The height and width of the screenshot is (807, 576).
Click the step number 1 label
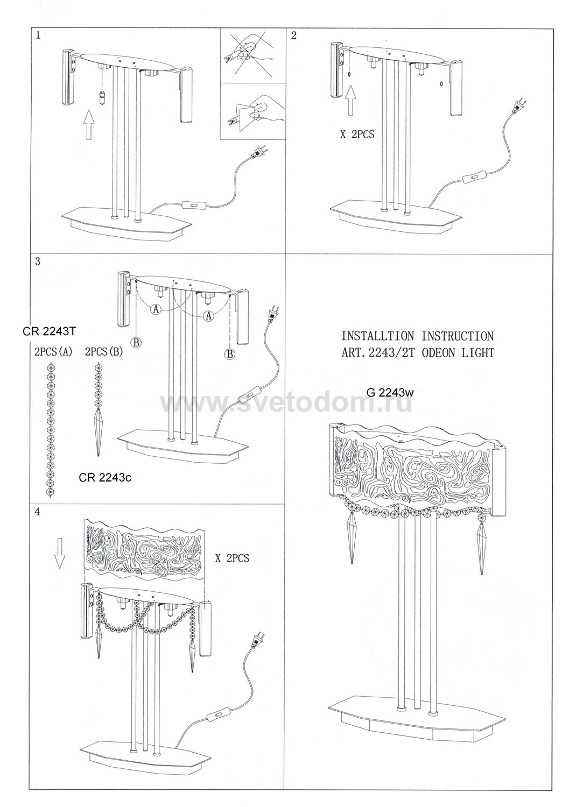coord(38,36)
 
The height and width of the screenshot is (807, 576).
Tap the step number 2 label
coord(294,36)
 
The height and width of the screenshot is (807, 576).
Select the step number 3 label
coord(38,261)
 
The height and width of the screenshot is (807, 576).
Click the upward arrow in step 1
coord(89,125)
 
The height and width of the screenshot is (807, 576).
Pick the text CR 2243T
coord(50,331)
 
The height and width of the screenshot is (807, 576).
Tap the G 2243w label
coord(390,393)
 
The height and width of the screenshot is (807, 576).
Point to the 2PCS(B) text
coord(104,352)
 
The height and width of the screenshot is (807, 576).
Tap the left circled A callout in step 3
coord(156,309)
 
